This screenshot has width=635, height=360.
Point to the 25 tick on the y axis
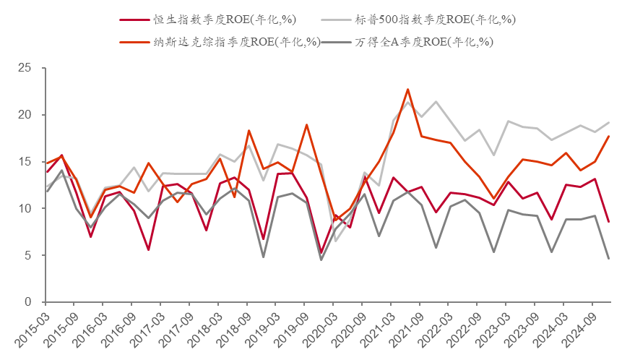[x=27, y=69]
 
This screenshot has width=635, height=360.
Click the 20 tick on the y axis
[x=27, y=116]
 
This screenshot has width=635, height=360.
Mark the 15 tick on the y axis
[x=27, y=162]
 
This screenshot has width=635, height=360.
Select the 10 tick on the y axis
[x=27, y=209]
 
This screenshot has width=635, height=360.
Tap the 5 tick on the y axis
[x=30, y=255]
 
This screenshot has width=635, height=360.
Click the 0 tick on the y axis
[x=30, y=302]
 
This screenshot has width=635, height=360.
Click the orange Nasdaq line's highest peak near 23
[x=407, y=90]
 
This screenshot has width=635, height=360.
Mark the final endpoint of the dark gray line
[x=609, y=259]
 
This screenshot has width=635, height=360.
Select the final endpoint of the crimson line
[x=609, y=222]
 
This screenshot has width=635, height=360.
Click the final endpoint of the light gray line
[x=609, y=123]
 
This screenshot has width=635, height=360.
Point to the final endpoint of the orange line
[x=609, y=137]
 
